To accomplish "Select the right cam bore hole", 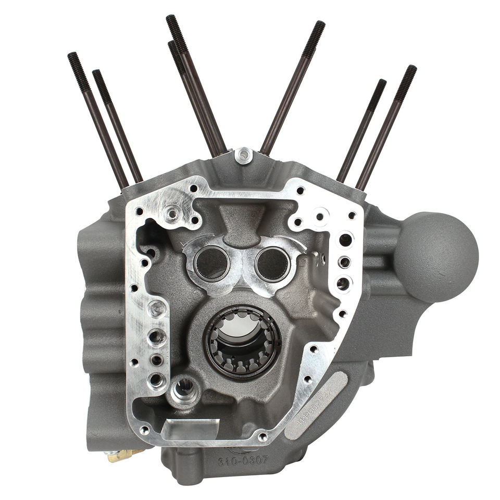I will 272,263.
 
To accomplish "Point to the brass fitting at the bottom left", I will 119,456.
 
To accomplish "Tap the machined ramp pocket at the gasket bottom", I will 189,429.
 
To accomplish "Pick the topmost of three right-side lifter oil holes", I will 345,241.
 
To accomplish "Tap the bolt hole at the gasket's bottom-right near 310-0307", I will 263,437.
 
